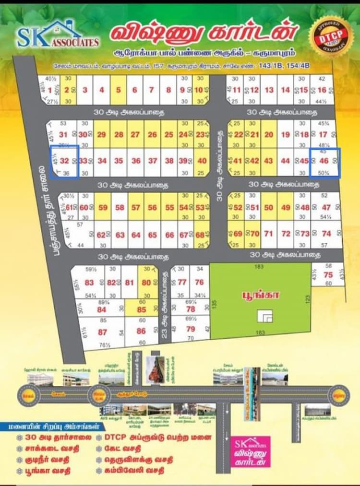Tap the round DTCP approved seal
point(328,34)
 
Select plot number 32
point(64,161)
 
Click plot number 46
point(324,161)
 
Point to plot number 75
point(328,275)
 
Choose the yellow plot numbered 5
point(118,90)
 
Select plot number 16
point(322,90)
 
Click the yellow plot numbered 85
point(141,310)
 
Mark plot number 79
point(191,329)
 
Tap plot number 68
point(200,235)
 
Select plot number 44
point(286,161)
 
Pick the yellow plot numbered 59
point(103,208)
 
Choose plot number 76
point(199,282)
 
